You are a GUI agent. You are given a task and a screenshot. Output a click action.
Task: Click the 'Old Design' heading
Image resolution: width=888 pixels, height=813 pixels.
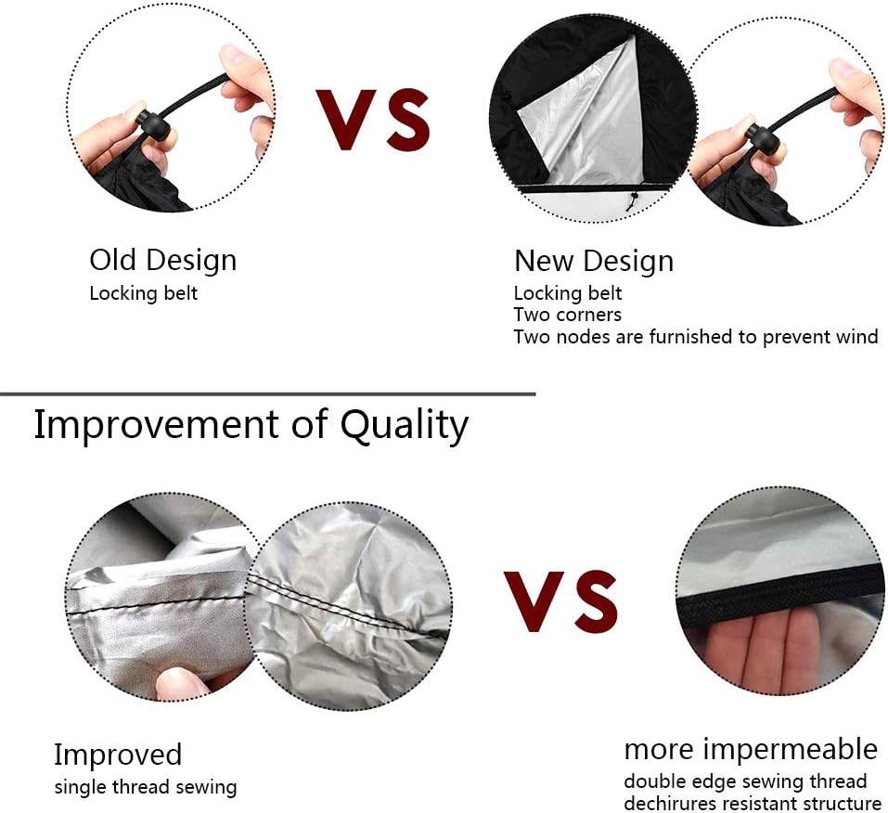tap(163, 261)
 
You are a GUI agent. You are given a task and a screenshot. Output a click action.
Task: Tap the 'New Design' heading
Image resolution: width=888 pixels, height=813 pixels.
tap(594, 261)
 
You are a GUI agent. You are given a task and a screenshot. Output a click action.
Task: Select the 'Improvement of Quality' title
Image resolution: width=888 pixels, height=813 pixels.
tap(251, 424)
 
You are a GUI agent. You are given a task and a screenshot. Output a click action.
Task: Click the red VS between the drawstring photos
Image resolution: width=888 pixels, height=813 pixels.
tap(373, 120)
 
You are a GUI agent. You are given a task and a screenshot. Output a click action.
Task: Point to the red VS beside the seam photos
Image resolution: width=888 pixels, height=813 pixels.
tap(560, 601)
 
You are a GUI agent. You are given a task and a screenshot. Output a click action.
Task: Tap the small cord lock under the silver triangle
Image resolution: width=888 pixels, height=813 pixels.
tap(633, 200)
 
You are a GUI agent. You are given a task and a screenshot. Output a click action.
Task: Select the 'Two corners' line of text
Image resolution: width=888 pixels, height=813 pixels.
tap(568, 315)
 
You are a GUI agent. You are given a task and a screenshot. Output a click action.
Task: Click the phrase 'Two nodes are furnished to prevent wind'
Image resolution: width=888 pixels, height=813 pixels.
tap(696, 337)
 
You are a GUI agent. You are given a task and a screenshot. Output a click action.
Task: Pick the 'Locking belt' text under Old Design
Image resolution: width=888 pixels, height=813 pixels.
tap(143, 293)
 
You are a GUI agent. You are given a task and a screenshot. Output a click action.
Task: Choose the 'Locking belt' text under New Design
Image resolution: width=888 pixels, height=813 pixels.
tap(568, 293)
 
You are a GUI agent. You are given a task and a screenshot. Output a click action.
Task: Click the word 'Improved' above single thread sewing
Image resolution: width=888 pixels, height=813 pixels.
tap(118, 755)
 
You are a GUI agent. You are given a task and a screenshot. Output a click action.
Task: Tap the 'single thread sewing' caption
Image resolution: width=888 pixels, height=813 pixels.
tap(146, 788)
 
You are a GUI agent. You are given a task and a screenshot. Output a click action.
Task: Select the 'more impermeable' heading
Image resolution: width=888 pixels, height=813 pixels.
tap(751, 749)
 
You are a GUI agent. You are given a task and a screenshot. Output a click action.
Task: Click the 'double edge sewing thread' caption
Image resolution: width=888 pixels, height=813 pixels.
tap(745, 781)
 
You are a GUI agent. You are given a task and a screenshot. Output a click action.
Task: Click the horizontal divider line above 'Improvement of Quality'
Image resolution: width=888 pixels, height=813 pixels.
tap(267, 394)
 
